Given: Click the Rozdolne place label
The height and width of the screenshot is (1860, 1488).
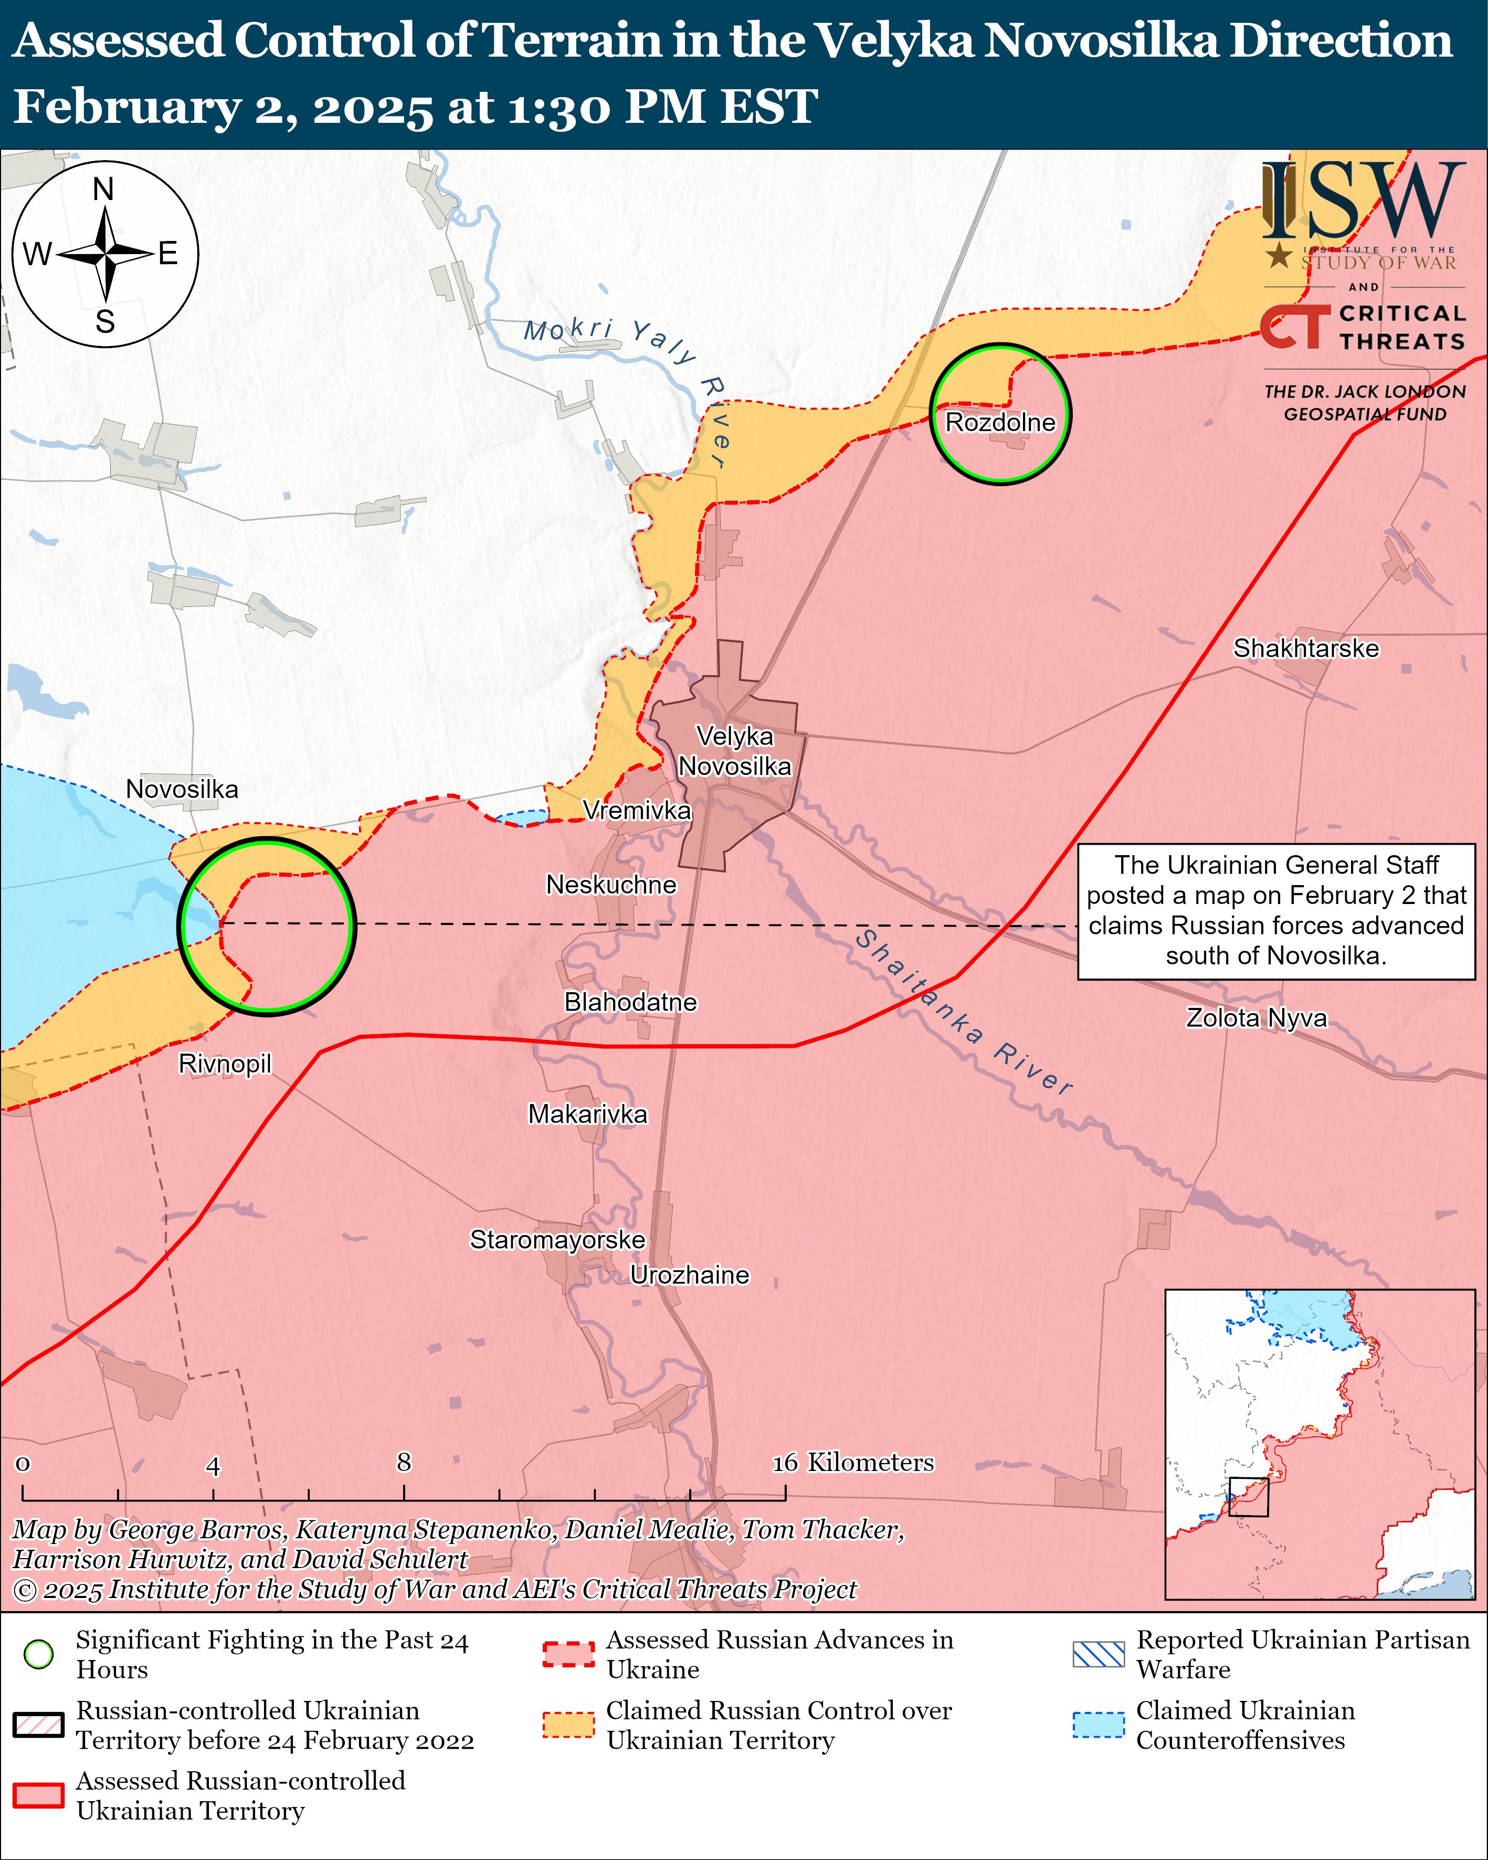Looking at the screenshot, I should (1000, 422).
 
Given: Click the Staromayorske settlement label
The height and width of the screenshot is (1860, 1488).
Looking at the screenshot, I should (557, 1239).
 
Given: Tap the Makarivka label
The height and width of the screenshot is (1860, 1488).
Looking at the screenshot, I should (587, 1114).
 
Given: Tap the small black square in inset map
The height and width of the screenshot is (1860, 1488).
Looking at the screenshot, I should (1248, 1497).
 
